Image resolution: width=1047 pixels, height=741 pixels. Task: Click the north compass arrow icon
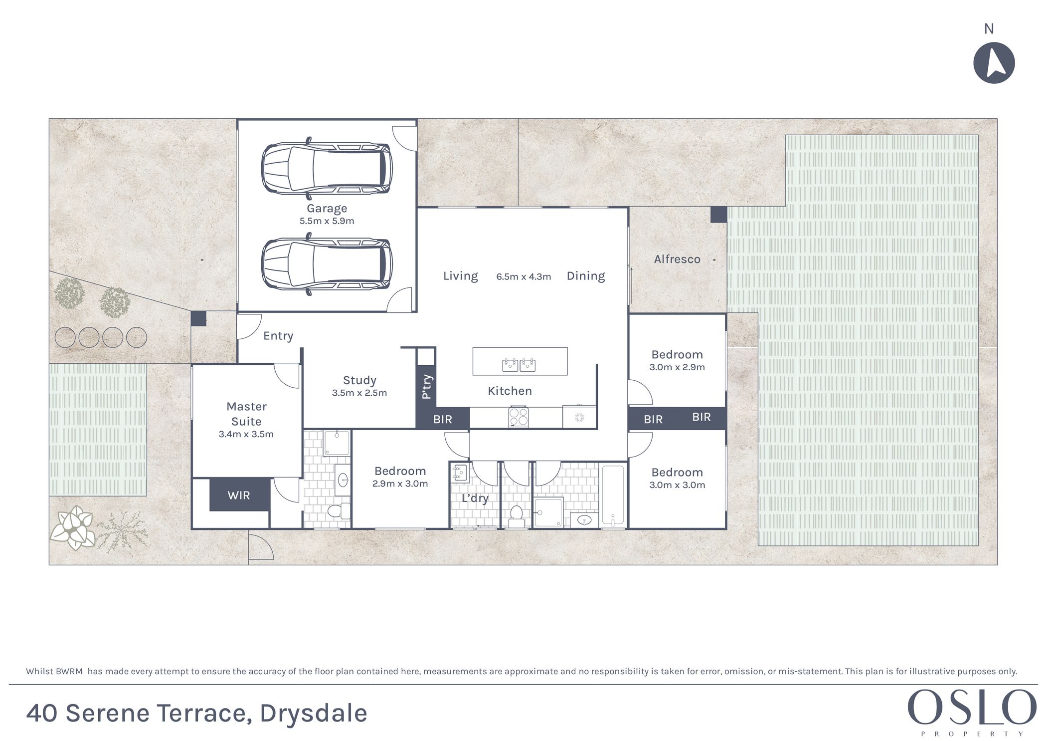point(994,63)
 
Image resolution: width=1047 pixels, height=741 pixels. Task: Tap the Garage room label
point(327,209)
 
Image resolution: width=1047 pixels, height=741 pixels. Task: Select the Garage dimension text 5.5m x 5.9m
point(327,221)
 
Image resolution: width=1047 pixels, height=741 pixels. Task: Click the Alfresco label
point(677,259)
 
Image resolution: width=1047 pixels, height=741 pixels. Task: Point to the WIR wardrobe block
point(239,495)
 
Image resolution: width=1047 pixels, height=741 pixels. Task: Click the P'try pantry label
point(426,387)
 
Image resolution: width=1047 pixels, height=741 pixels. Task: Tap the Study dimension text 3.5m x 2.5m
point(359,393)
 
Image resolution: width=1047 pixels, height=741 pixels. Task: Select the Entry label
point(278,336)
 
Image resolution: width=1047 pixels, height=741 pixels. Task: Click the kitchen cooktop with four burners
point(519,417)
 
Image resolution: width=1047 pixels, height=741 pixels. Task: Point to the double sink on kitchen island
point(519,365)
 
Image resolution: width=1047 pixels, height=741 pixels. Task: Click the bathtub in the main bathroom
point(613,496)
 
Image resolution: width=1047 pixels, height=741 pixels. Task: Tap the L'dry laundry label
point(475,498)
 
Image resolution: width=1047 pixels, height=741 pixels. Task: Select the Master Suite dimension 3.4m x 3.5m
point(246,434)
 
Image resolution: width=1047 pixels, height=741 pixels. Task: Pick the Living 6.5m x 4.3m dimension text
point(523,277)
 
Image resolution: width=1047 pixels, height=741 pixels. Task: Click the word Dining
point(586,276)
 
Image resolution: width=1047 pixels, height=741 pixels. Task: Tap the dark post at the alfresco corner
point(718,215)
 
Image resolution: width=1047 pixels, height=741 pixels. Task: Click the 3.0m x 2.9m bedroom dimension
point(677,367)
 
